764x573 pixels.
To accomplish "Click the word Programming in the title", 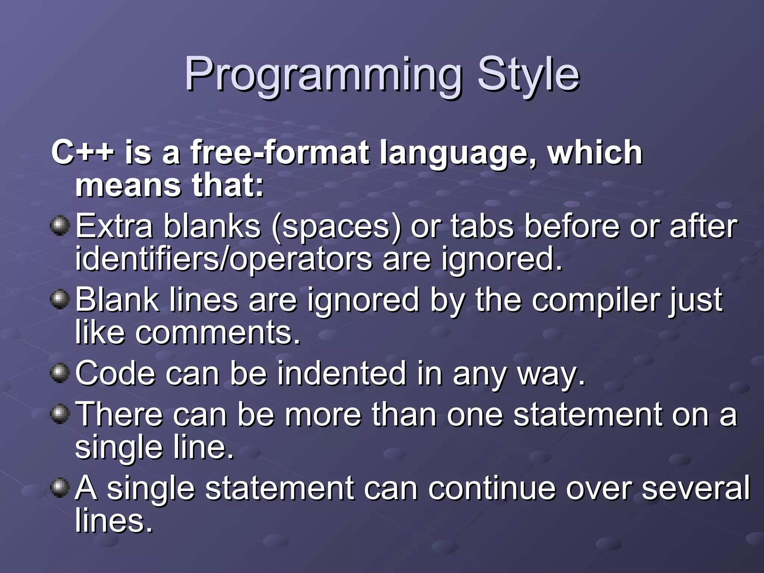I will pos(323,75).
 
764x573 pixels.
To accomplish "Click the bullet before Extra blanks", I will pos(60,226).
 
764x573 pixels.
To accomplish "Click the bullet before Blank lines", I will pos(60,300).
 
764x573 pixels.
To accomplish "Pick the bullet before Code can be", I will pos(60,373).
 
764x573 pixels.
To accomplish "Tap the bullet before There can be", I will pos(60,414).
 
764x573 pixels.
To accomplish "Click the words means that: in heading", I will pos(170,185).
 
